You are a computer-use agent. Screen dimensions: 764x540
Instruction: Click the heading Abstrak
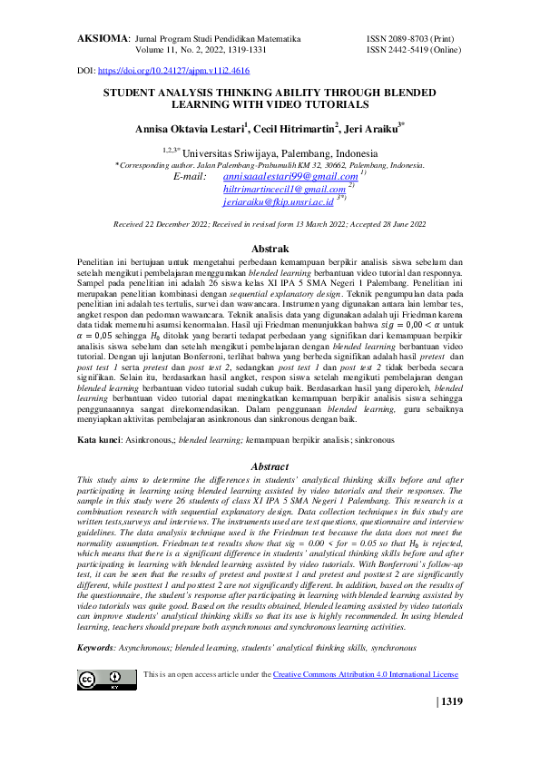(x=270, y=249)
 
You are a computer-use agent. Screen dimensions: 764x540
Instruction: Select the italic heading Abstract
(x=270, y=465)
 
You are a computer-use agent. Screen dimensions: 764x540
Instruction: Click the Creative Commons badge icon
(x=102, y=680)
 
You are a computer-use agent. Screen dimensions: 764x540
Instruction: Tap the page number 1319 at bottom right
(x=452, y=725)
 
